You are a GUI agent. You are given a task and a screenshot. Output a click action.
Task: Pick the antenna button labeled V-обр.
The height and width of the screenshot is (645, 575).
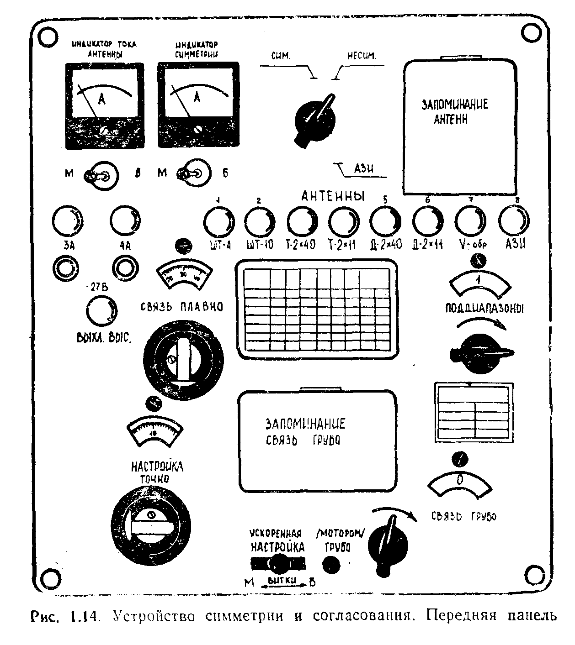(x=471, y=221)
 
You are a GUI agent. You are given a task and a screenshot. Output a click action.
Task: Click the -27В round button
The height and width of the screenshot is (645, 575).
(x=101, y=311)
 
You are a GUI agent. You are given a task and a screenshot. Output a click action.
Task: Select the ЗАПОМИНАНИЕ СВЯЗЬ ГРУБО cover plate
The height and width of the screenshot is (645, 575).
(x=317, y=440)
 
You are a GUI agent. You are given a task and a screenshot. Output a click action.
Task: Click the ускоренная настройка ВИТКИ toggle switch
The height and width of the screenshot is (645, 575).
(x=277, y=564)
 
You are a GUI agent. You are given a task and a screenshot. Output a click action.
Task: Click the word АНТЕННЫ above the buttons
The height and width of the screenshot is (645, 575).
(x=333, y=196)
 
